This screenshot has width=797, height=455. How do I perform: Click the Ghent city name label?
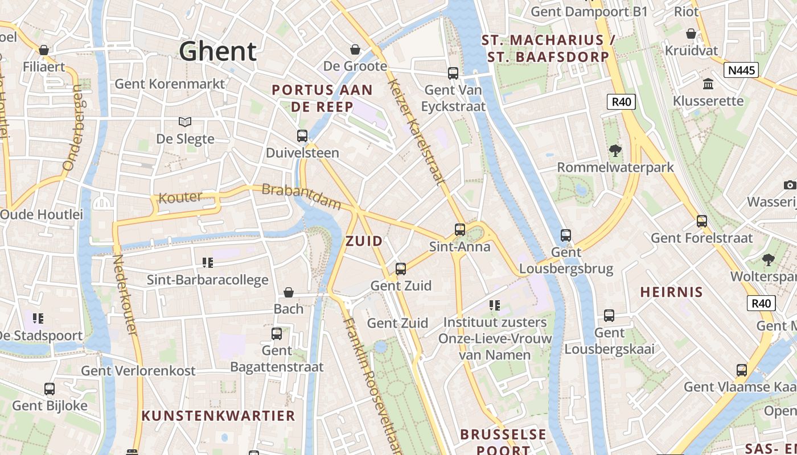(x=218, y=51)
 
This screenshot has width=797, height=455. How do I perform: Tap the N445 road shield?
(x=741, y=70)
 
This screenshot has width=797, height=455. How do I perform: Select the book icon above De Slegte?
(x=185, y=121)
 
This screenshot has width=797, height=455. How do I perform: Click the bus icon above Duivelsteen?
(x=302, y=136)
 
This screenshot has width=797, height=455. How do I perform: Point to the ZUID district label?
(x=364, y=241)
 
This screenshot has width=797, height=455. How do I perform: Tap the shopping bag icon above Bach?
(x=289, y=292)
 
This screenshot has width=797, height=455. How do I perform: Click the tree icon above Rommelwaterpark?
(x=615, y=151)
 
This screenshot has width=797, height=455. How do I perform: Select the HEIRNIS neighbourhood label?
(x=671, y=292)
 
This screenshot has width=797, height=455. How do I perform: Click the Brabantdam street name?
(x=301, y=196)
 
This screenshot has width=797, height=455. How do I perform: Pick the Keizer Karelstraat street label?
(x=416, y=131)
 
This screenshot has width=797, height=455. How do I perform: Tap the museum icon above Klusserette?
(x=708, y=84)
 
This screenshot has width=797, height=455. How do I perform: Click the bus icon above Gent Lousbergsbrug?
(x=565, y=235)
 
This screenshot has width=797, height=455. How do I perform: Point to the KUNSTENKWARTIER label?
(x=218, y=416)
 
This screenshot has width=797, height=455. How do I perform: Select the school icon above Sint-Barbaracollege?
(x=208, y=262)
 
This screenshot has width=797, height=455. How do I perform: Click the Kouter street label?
(x=180, y=198)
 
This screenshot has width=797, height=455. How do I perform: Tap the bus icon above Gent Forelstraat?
(x=702, y=221)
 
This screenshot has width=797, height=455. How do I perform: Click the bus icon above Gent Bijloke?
(x=50, y=389)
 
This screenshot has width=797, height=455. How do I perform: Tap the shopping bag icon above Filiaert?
(x=44, y=50)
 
